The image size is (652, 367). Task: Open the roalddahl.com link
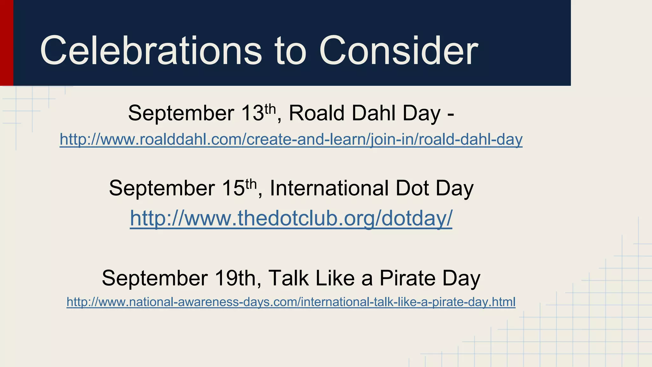tap(291, 140)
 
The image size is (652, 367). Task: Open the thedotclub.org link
tap(291, 219)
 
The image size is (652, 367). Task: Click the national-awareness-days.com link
tap(291, 302)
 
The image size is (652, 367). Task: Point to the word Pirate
tap(407, 278)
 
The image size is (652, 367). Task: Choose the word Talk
tap(288, 278)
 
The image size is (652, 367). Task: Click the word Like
tap(335, 278)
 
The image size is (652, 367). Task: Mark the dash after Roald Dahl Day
tap(450, 115)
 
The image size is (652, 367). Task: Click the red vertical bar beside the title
tap(6, 43)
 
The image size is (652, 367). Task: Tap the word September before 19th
tap(155, 279)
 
